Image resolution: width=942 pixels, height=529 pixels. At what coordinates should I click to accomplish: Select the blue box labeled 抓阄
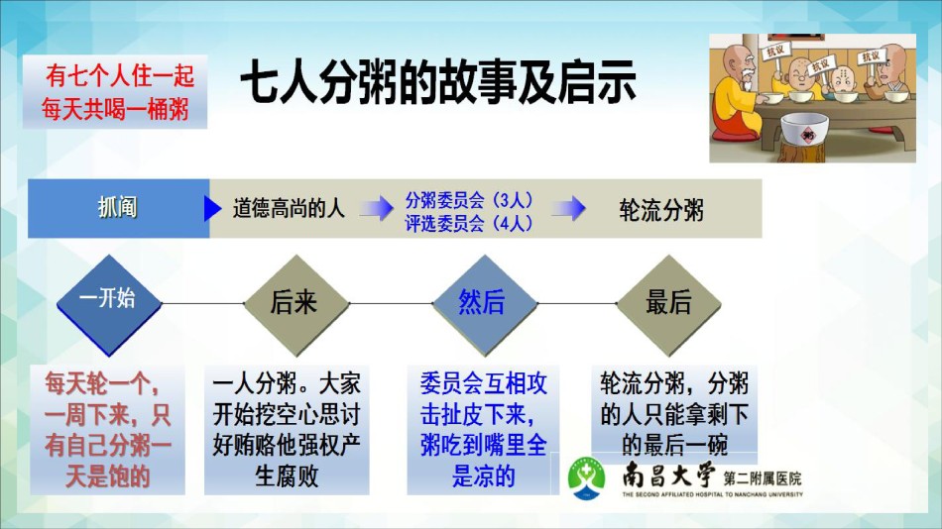pyautogui.click(x=118, y=208)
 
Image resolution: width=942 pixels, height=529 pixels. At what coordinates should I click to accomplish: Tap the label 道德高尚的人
pyautogui.click(x=289, y=208)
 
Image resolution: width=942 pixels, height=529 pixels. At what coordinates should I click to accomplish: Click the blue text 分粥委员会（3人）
pyautogui.click(x=469, y=199)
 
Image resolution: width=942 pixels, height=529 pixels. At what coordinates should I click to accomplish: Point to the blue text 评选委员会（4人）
pyautogui.click(x=469, y=223)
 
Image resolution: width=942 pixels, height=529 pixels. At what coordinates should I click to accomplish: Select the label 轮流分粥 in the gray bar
pyautogui.click(x=660, y=210)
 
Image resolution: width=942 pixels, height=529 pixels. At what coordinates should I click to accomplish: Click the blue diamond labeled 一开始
pyautogui.click(x=109, y=305)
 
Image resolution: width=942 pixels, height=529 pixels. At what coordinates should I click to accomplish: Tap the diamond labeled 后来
pyautogui.click(x=296, y=305)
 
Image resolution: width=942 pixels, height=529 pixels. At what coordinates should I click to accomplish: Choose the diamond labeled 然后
pyautogui.click(x=484, y=305)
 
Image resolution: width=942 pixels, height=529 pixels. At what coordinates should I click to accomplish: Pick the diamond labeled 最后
pyautogui.click(x=668, y=305)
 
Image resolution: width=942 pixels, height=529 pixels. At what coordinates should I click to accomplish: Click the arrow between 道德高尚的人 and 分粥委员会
pyautogui.click(x=377, y=208)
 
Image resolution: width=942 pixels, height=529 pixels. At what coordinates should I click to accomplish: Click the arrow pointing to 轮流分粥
pyautogui.click(x=568, y=208)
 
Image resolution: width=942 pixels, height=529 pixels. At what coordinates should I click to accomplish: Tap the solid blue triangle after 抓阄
pyautogui.click(x=212, y=208)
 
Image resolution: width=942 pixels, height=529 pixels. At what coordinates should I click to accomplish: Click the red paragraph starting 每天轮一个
pyautogui.click(x=107, y=430)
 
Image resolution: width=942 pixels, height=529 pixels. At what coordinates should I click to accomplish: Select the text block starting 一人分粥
pyautogui.click(x=287, y=430)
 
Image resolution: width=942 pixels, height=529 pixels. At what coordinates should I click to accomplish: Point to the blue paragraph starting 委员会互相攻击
pyautogui.click(x=483, y=430)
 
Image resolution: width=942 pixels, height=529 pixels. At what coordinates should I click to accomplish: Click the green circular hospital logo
pyautogui.click(x=587, y=478)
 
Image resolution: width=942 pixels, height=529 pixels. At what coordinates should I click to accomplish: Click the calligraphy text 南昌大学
pyautogui.click(x=668, y=476)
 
